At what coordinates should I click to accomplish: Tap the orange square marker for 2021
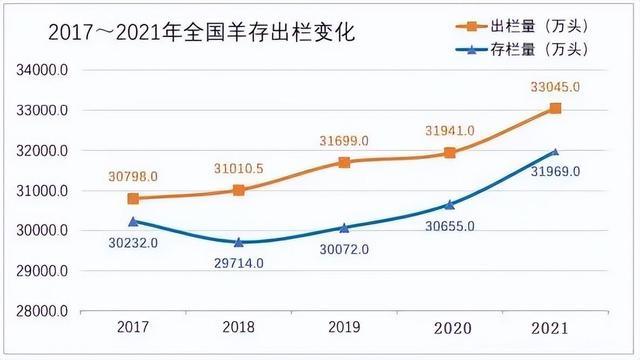556,108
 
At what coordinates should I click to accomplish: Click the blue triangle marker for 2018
239,242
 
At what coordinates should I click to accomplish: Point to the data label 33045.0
555,87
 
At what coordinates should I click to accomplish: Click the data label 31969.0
555,171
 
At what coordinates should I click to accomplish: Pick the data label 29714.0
239,263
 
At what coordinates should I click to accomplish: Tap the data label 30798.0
134,177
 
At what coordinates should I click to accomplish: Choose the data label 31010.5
239,167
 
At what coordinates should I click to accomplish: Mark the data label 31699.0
344,140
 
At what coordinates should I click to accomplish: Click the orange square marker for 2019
344,162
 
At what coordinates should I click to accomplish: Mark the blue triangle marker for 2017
134,221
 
